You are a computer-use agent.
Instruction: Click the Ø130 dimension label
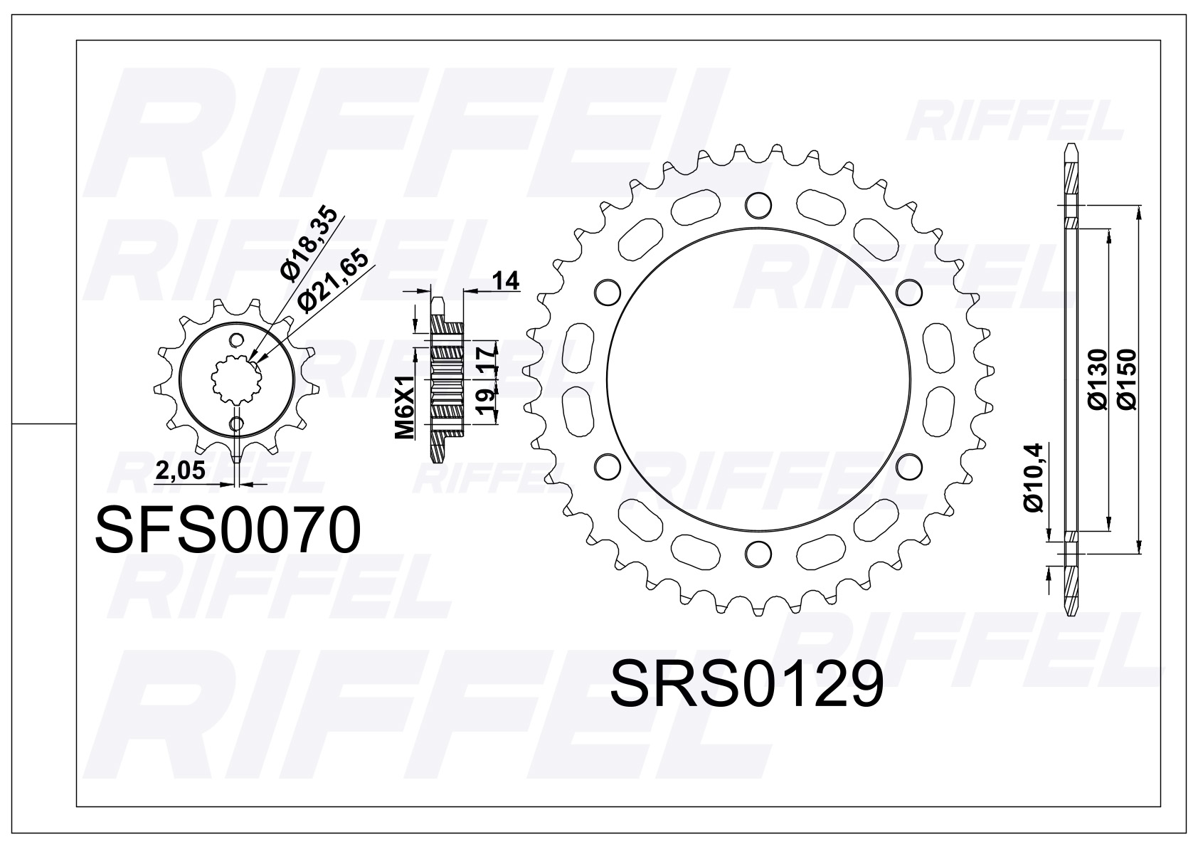(x=1097, y=379)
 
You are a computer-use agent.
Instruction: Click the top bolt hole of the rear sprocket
(x=758, y=205)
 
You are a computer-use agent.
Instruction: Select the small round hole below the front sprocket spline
(x=236, y=424)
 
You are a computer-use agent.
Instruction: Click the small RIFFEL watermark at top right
(x=1014, y=124)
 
